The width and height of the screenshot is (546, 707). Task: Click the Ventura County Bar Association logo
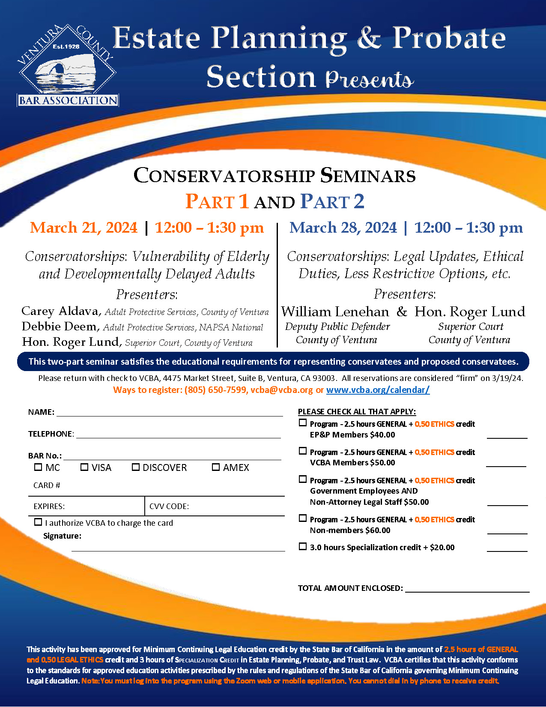(x=68, y=66)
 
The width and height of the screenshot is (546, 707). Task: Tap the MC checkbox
(x=38, y=467)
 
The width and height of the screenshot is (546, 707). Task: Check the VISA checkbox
(x=84, y=467)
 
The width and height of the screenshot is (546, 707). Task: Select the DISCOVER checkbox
(x=136, y=467)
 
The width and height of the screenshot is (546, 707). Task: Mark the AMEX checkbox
(x=216, y=467)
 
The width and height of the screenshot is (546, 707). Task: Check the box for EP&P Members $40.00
(x=303, y=423)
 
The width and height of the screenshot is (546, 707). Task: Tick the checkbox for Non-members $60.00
(x=303, y=518)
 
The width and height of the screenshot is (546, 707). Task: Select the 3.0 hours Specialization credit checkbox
(x=303, y=546)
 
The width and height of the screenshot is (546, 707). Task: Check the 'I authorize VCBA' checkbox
(x=38, y=522)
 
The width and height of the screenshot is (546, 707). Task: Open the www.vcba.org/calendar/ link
(x=378, y=390)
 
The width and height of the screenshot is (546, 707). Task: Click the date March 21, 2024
(x=84, y=228)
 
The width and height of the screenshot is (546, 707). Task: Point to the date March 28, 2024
(x=343, y=228)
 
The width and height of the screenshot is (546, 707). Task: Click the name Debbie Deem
(x=60, y=327)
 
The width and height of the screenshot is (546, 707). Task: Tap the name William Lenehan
(x=335, y=312)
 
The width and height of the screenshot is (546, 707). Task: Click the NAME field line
(x=170, y=412)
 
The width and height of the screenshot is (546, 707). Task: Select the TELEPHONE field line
(x=178, y=434)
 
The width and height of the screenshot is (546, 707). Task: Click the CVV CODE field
(x=236, y=506)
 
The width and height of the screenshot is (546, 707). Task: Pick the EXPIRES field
(x=103, y=506)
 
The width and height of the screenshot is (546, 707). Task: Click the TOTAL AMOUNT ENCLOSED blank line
(x=467, y=588)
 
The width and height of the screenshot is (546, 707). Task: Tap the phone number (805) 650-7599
(x=216, y=390)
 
